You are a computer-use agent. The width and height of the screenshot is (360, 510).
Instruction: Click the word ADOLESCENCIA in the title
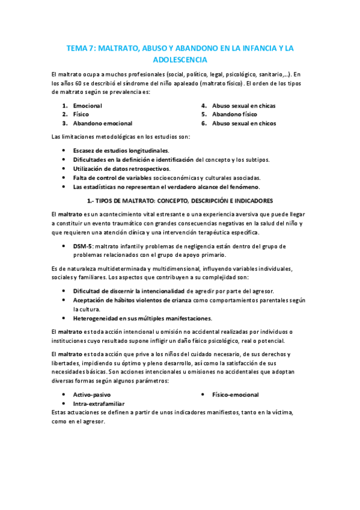[180, 60]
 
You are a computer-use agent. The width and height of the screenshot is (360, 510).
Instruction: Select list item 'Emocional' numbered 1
[88, 106]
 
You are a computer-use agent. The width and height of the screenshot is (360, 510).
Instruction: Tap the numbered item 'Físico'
[81, 114]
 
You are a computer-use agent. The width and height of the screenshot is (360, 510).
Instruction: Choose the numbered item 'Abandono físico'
[234, 114]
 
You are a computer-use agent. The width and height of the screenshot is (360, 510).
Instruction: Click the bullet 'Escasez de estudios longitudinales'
[121, 150]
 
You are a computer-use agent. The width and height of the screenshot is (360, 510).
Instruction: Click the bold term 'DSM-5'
[82, 246]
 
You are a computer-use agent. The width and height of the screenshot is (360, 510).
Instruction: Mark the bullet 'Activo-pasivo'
[93, 395]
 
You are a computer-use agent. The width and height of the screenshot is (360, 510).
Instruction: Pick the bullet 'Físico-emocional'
[236, 395]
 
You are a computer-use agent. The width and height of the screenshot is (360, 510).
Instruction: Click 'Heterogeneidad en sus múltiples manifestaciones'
[142, 318]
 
